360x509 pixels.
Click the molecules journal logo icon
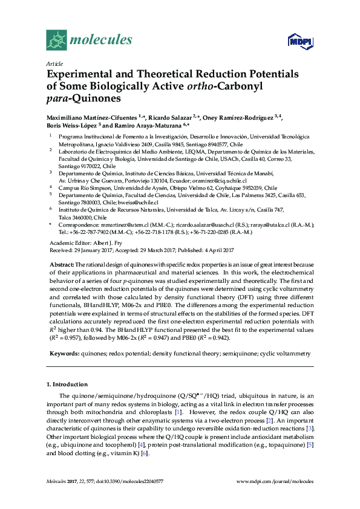tap(56, 40)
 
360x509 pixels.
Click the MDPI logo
tap(300, 41)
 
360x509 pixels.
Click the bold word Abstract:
tap(62, 265)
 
